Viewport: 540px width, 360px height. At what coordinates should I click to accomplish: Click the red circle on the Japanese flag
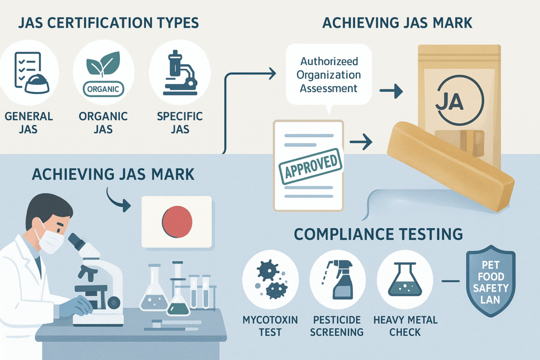(177, 221)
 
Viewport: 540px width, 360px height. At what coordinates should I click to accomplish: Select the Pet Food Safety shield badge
(490, 282)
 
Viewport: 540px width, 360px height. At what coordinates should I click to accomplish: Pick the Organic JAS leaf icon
(104, 71)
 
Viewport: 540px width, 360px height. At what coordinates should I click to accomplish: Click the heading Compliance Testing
(379, 233)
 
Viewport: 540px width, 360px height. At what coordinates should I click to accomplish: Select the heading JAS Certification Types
(108, 23)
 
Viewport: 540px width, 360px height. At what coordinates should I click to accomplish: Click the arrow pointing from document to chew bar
(361, 141)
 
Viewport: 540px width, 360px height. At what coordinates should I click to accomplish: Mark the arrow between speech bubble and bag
(391, 92)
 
